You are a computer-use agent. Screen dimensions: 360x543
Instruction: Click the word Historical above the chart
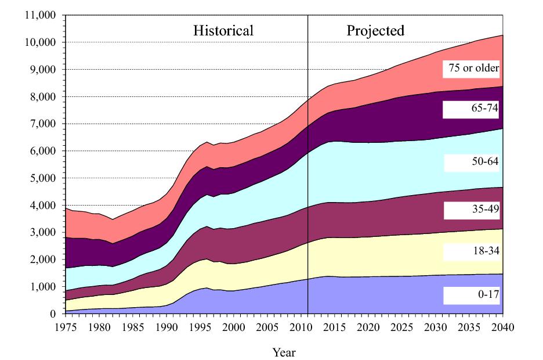(223, 31)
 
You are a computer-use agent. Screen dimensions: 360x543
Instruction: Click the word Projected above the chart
(375, 31)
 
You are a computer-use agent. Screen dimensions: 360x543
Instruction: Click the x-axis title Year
(284, 351)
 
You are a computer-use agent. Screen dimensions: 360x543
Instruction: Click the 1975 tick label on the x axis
(66, 326)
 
